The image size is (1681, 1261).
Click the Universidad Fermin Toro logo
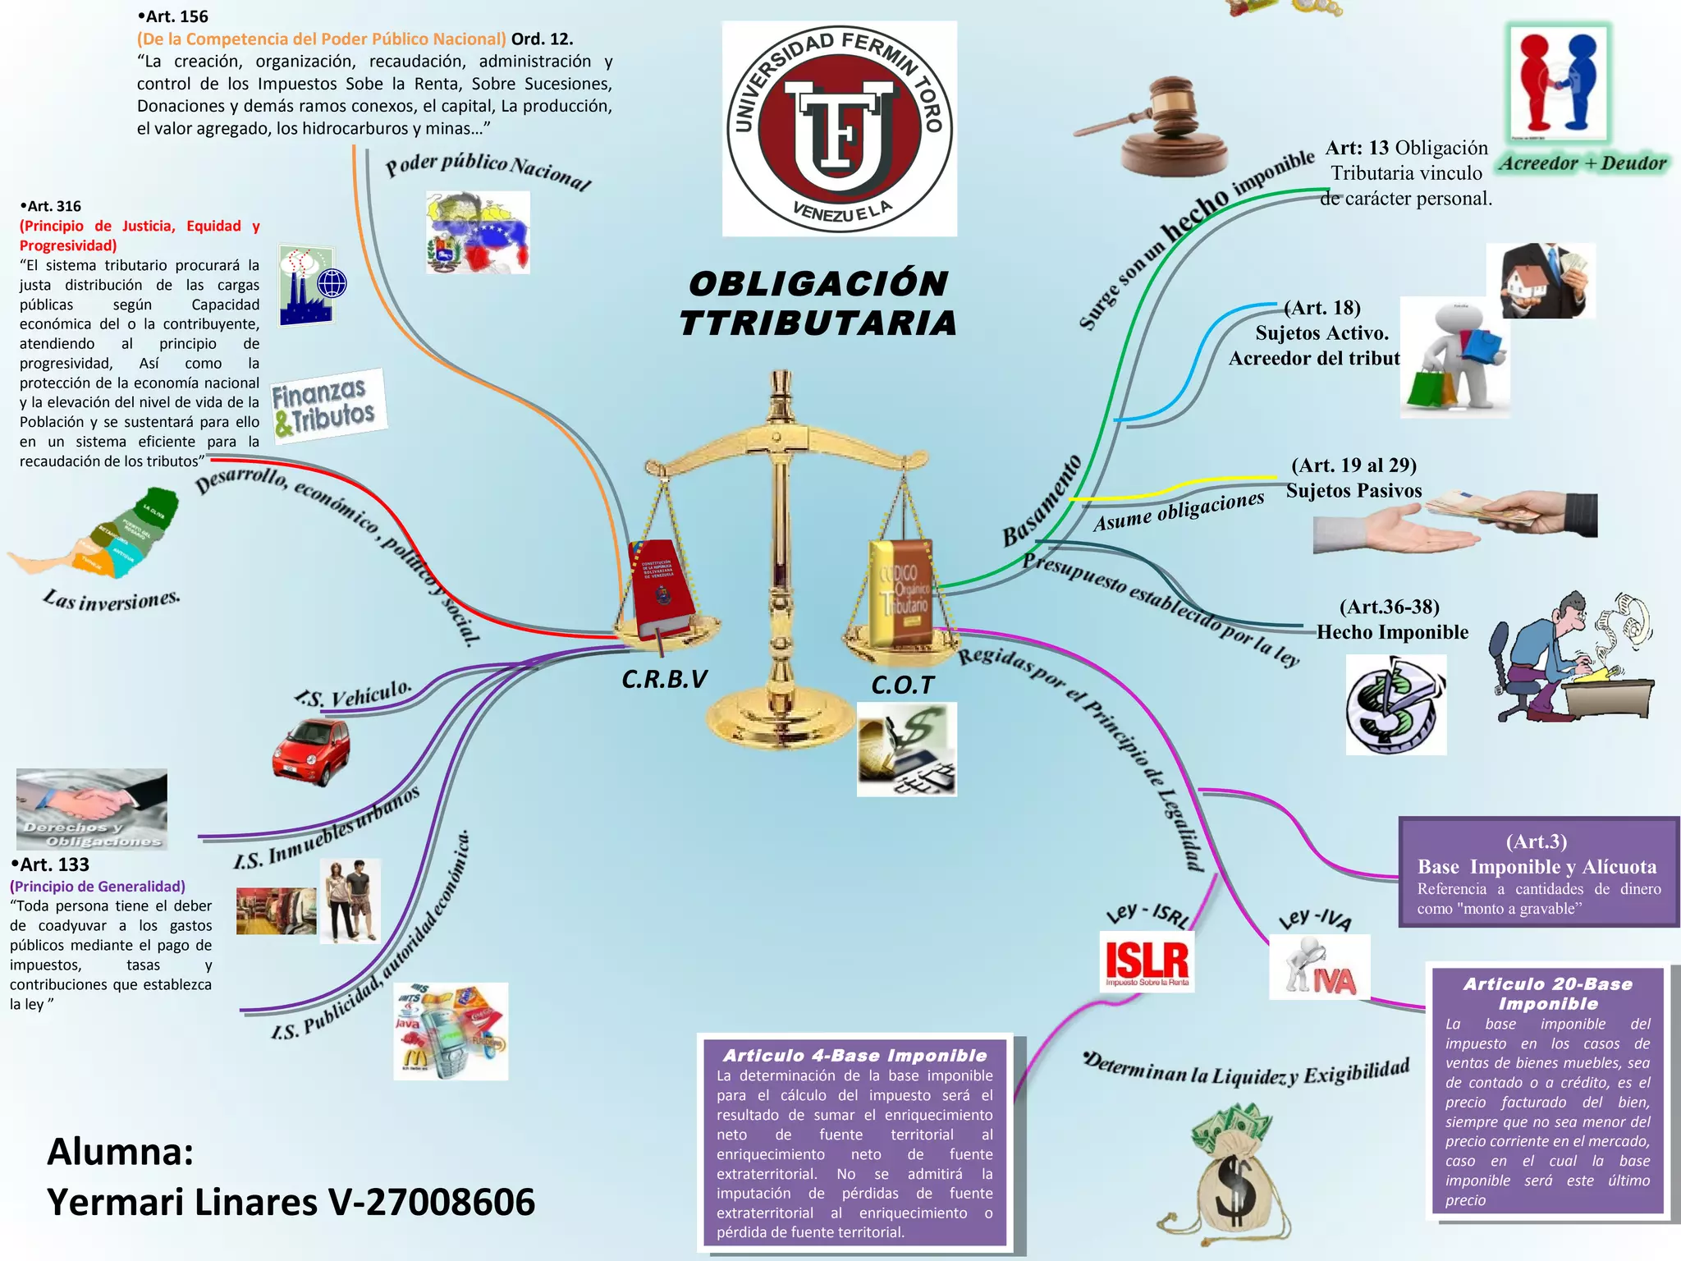[x=839, y=129]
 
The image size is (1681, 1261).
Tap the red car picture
[x=311, y=751]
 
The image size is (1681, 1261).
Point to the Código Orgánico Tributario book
[x=901, y=591]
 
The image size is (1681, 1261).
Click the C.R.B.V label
[x=664, y=680]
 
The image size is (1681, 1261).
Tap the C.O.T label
[x=902, y=686]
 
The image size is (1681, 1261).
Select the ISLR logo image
[x=1147, y=961]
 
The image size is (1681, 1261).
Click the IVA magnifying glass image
[x=1319, y=967]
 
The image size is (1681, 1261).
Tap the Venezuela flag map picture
[x=478, y=232]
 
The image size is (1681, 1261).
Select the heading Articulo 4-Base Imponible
[x=854, y=1056]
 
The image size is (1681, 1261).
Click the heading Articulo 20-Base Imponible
[x=1548, y=993]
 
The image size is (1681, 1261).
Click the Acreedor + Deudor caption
[x=1583, y=163]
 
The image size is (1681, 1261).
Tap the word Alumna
[x=120, y=1152]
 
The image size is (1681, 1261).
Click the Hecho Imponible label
[x=1392, y=632]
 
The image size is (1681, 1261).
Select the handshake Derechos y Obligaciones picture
[x=91, y=809]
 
